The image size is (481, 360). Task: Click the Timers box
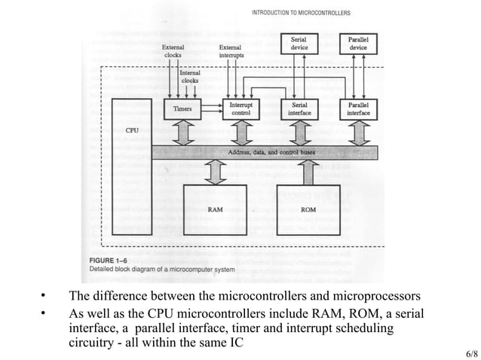coord(183,109)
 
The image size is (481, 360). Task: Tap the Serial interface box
coord(301,109)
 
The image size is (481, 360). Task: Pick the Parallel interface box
coord(359,109)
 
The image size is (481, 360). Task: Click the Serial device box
coord(301,43)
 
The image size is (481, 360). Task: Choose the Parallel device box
coord(359,43)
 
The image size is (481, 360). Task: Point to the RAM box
coord(215,209)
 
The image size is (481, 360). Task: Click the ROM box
coord(308,209)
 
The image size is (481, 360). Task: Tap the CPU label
coord(131,130)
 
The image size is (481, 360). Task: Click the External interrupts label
coord(231,50)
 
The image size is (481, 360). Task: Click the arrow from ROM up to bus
coord(308,171)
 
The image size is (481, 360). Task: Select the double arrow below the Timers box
coord(183,133)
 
